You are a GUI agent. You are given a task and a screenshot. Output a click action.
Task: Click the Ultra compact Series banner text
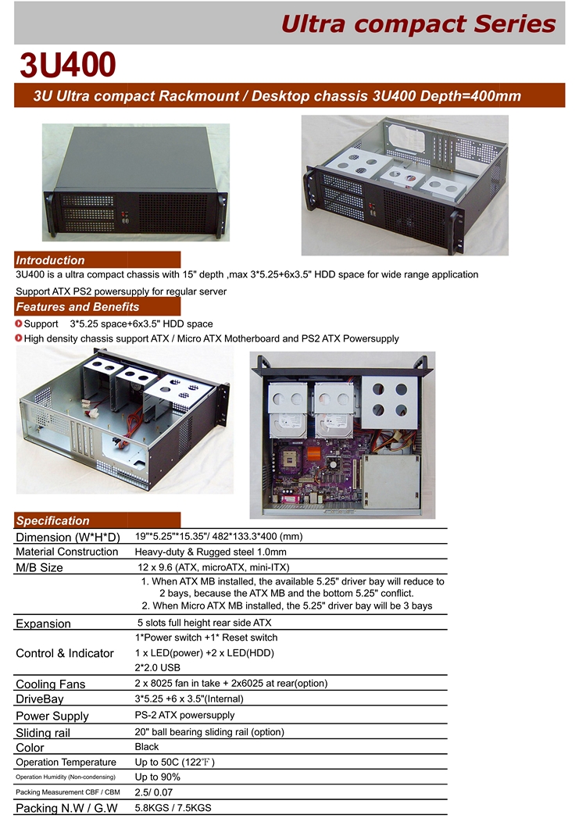(418, 24)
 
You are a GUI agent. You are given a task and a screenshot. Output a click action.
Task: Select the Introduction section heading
(50, 260)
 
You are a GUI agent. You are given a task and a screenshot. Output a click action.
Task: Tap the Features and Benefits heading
(77, 307)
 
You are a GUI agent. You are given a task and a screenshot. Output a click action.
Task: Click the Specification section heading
(52, 520)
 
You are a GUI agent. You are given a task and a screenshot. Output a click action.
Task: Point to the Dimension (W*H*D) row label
(68, 538)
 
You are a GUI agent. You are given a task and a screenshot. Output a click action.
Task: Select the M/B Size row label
(39, 568)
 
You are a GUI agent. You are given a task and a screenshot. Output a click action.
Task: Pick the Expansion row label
(43, 624)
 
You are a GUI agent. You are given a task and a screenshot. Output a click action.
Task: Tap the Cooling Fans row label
(51, 684)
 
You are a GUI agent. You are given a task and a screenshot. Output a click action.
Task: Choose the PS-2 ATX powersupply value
(184, 715)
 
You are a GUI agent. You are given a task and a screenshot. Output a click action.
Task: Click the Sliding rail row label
(43, 733)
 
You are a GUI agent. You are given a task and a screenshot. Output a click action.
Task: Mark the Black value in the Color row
(147, 747)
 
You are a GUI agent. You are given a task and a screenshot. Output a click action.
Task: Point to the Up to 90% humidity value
(158, 777)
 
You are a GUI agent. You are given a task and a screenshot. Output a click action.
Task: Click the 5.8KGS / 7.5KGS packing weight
(173, 807)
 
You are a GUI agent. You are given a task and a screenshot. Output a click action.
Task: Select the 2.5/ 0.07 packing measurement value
(154, 792)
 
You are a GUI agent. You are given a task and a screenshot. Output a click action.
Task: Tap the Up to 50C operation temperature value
(174, 762)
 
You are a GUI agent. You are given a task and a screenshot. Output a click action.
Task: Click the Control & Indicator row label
(65, 653)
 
